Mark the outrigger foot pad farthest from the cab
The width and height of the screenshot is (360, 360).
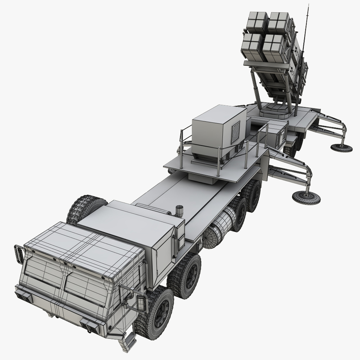(342, 147)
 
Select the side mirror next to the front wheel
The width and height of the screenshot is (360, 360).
(140, 301)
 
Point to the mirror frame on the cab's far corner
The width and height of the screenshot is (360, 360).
(20, 254)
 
